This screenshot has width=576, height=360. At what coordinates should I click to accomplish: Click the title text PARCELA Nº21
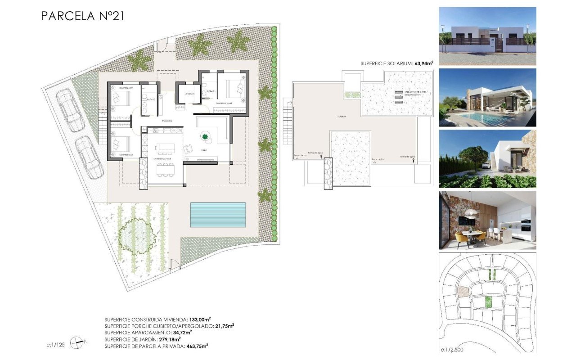[x=82, y=16]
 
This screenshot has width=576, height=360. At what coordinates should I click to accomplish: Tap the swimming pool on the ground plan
[x=218, y=215]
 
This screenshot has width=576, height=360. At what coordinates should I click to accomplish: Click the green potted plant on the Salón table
[x=205, y=136]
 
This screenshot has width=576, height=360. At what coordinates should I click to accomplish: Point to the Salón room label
[x=204, y=150]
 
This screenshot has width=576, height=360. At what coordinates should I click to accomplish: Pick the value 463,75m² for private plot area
[x=196, y=346]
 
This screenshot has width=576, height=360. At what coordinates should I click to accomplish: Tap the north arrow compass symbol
[x=78, y=342]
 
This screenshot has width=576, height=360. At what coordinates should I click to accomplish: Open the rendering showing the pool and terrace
[x=487, y=97]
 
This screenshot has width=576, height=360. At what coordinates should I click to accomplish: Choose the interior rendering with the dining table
[x=487, y=220]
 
